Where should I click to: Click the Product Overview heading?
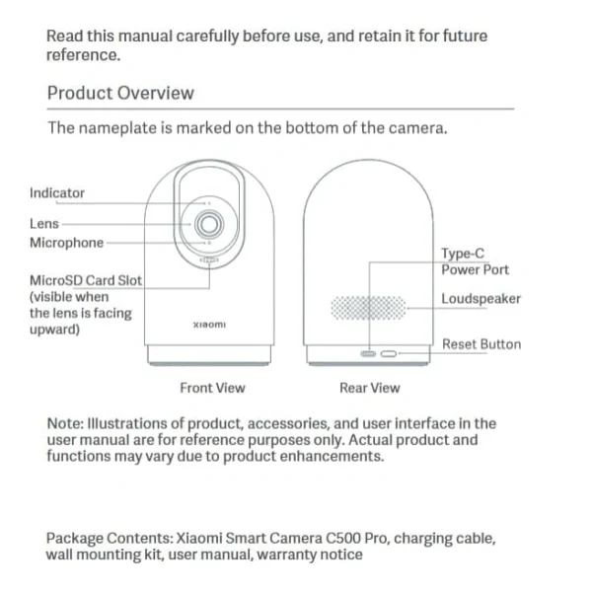click(120, 93)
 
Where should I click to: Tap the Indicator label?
click(57, 193)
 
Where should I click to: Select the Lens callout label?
click(44, 224)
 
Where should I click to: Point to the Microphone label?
click(66, 243)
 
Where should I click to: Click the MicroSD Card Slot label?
click(86, 280)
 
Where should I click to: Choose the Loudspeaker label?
click(481, 299)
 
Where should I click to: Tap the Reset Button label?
click(481, 344)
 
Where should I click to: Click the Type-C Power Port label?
click(475, 261)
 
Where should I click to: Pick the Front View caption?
click(212, 388)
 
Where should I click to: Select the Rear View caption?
click(370, 388)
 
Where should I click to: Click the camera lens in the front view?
click(209, 224)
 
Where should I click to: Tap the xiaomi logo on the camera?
click(209, 325)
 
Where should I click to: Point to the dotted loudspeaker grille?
click(368, 308)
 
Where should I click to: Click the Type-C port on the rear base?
click(368, 354)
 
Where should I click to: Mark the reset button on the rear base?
click(389, 354)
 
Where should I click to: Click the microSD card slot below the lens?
click(209, 260)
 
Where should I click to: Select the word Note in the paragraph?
click(64, 423)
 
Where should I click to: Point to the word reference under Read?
click(83, 55)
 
